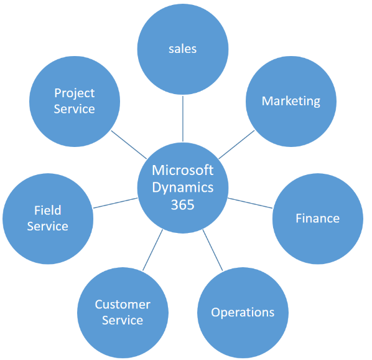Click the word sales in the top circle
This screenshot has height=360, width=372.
pos(182,49)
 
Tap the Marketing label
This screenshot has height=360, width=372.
pos(291,101)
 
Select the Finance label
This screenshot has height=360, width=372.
pos(317,218)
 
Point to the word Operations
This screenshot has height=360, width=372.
pos(243,312)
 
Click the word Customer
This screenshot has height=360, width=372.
pos(123,305)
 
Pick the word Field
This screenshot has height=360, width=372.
pos(48,210)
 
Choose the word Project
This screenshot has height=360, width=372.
pos(75,93)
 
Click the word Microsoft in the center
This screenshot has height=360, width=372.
pos(183,170)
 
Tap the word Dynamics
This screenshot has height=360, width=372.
pos(183,187)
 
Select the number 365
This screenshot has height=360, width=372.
pos(183,205)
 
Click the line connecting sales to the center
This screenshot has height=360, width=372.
pos(183,119)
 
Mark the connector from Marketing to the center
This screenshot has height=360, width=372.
pos(236,144)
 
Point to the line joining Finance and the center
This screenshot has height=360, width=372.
pos(250,203)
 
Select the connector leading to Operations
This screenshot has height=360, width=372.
pos(213,250)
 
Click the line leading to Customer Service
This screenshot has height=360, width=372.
pos(153,250)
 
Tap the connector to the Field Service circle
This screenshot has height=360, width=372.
pos(115,203)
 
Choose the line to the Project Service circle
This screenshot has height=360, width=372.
pos(129,144)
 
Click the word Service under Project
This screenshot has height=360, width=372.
pos(74,109)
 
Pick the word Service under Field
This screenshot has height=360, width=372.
pos(48,226)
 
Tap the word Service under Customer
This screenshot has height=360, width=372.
pos(123,320)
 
